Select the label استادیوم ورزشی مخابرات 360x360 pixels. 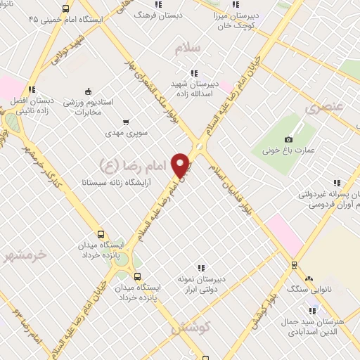(x=89, y=108)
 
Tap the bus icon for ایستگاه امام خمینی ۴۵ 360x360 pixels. (x=66, y=9)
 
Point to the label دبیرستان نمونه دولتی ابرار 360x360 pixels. (x=201, y=283)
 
